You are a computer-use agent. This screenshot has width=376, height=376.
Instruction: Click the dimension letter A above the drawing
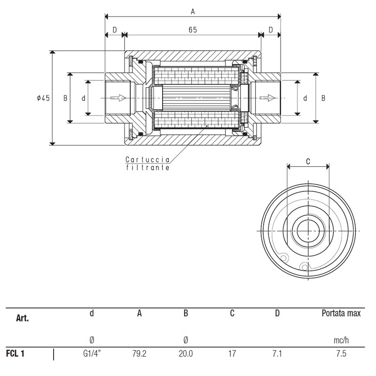point(193,11)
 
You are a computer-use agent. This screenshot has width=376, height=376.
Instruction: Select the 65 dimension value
point(193,30)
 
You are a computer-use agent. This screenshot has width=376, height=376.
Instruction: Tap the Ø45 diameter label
point(43,98)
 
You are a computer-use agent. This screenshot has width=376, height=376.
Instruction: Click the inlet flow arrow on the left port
point(118,98)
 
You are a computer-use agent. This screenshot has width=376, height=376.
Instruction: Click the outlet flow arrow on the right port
point(267,98)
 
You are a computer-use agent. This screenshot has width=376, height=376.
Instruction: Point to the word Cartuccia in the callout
point(148,159)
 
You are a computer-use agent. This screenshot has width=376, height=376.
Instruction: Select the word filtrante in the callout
point(148,167)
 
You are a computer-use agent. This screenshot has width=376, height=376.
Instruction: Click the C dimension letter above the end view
point(308,161)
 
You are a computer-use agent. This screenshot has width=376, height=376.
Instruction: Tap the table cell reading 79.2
point(139,353)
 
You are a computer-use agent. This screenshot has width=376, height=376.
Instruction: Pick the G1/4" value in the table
point(92,353)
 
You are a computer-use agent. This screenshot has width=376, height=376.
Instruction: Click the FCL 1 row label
point(15,353)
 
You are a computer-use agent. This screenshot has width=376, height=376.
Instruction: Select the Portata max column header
point(341,313)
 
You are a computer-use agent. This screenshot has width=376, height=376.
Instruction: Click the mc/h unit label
point(341,340)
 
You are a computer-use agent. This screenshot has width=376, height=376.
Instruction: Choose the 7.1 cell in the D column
point(277,353)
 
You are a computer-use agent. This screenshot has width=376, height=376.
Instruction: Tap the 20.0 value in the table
point(186,353)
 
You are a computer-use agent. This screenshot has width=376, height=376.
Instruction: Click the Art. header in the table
point(22,318)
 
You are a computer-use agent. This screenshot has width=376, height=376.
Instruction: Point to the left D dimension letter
point(115,30)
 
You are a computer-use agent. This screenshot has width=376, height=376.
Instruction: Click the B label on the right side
point(323,98)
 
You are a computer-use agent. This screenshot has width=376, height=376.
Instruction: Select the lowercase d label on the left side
point(84,98)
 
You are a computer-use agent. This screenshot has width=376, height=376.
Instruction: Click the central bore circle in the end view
point(308,231)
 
